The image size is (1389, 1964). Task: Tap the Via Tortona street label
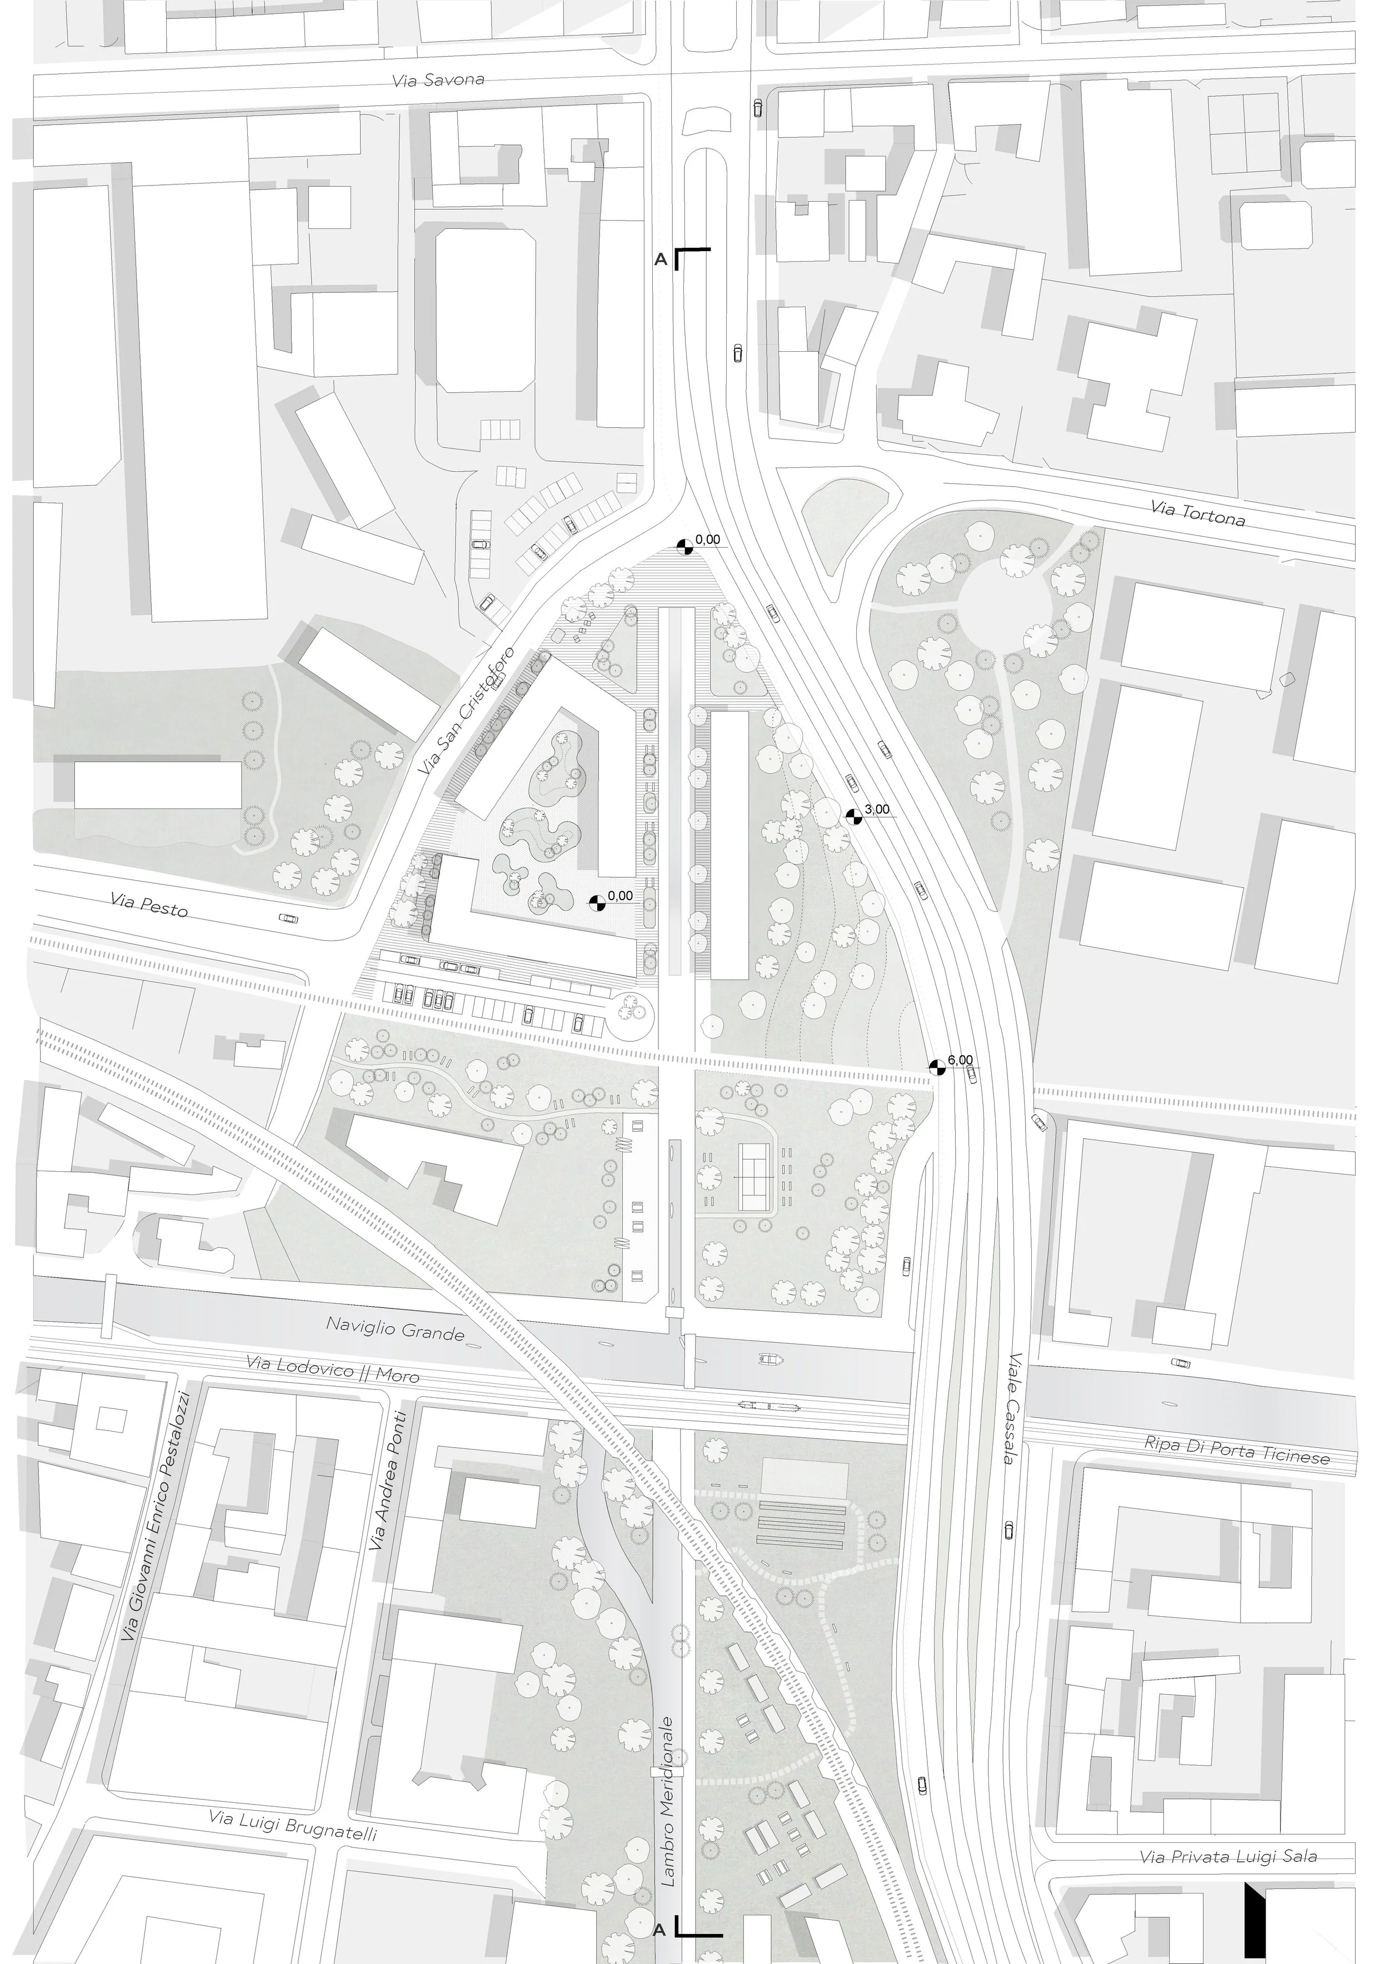click(1197, 514)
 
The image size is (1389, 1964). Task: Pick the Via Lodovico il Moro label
click(333, 1368)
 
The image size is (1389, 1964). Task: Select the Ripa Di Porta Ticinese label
click(1237, 1450)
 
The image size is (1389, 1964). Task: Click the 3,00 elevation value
click(877, 809)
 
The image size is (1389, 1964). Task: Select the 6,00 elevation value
click(960, 1060)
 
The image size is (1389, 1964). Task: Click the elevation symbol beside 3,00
click(853, 817)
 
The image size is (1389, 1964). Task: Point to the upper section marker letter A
click(660, 259)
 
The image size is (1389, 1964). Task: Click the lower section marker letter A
click(659, 1930)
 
